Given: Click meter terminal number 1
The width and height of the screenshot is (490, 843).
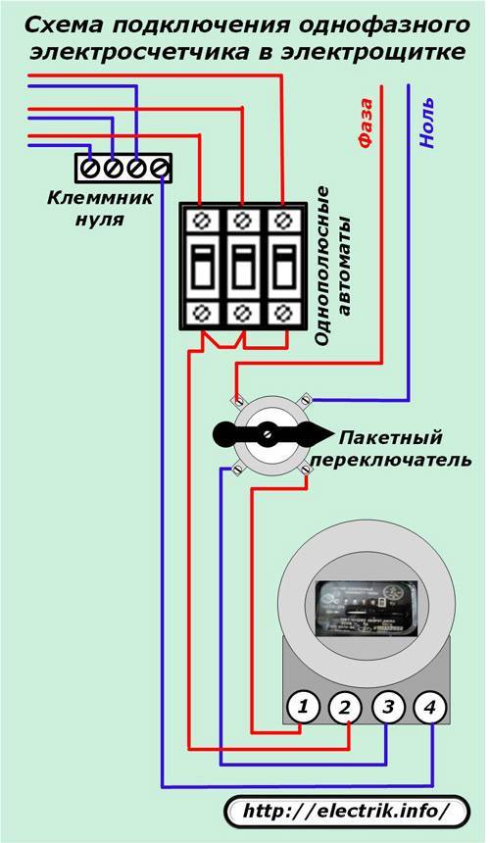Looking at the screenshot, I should tap(305, 706).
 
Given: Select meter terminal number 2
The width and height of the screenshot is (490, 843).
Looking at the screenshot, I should tap(345, 706).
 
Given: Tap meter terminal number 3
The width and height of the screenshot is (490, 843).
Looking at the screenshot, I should tap(388, 706).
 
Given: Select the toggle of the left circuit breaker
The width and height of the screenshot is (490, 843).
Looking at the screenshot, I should tap(203, 265).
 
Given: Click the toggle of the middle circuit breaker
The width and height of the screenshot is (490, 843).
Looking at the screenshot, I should tap(243, 265).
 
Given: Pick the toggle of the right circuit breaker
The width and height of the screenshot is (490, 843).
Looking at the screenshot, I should tap(283, 265).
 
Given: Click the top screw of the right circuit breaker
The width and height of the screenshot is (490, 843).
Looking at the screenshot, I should tap(283, 218).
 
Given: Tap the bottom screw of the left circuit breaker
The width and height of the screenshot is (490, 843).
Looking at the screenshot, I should tap(203, 314).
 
